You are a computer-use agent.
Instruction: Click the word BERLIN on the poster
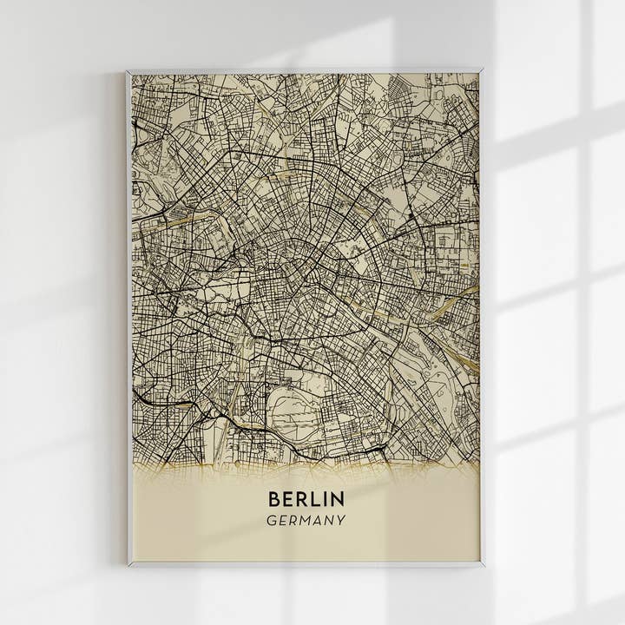(x=306, y=499)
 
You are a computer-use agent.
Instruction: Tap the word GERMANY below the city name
(x=306, y=521)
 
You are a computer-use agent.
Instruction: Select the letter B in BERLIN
(x=274, y=499)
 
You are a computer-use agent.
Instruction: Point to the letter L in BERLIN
(x=313, y=499)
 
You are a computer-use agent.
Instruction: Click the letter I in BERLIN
(x=324, y=499)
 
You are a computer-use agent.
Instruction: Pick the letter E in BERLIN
(x=288, y=499)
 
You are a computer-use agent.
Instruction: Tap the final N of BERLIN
(x=337, y=499)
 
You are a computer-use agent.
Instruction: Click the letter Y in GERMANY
(x=341, y=521)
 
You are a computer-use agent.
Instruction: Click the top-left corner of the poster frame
(x=127, y=71)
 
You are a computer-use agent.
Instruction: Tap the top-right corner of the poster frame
(x=482, y=69)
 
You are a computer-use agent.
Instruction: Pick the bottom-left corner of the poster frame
(x=128, y=565)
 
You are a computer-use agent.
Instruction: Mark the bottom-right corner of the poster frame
(x=483, y=565)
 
